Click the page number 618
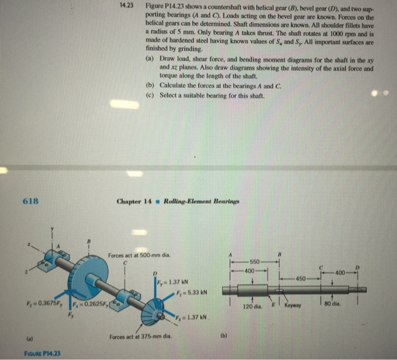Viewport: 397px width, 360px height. pos(30,201)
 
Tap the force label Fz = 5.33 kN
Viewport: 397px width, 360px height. pos(187,293)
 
